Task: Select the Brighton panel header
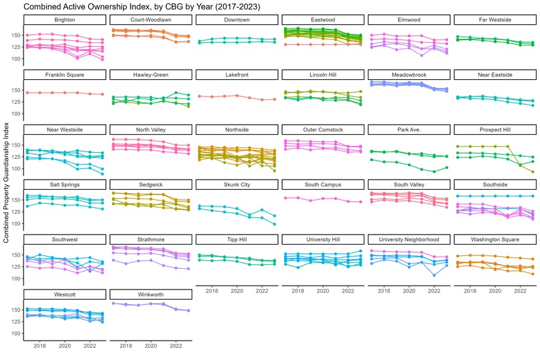tap(64, 20)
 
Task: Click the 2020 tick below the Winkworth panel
tap(151, 347)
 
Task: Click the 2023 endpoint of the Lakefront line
tap(275, 99)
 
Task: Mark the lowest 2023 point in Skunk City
tap(275, 224)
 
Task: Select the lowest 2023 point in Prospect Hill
tap(533, 172)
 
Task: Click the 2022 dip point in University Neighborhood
tap(434, 275)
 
